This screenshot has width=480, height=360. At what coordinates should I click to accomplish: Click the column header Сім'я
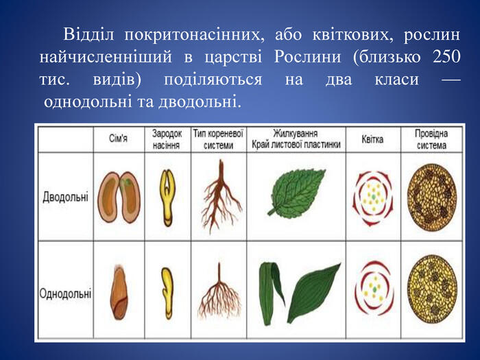tap(118, 139)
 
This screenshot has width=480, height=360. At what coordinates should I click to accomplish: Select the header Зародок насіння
tap(167, 139)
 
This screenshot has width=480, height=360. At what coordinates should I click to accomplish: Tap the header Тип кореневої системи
tap(218, 139)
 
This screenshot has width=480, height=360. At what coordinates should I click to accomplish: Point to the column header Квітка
tap(372, 139)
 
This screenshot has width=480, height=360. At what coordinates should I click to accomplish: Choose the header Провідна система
tap(431, 139)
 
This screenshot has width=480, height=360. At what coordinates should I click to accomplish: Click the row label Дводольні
tap(66, 197)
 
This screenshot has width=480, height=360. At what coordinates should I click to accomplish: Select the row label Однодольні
tap(65, 293)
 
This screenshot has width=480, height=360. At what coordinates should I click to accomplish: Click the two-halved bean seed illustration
tap(119, 197)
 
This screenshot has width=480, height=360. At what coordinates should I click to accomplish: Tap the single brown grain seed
tap(119, 292)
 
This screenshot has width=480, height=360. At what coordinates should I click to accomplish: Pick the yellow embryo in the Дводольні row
tap(167, 197)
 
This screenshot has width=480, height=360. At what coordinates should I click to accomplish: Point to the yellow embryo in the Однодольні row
tap(167, 293)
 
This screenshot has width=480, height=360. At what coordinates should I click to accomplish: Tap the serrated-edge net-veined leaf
tap(296, 192)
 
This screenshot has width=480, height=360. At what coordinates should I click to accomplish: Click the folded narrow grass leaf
tap(272, 292)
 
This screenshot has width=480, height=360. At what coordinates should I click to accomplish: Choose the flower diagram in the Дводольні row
tap(373, 198)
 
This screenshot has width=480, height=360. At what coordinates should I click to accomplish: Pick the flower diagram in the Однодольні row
tap(374, 289)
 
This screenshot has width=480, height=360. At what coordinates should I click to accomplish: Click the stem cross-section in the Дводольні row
tap(432, 197)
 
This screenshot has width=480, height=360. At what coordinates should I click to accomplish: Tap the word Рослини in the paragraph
tap(307, 58)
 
